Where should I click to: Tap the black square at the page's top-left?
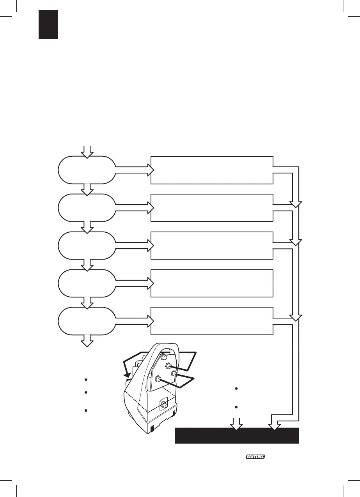tap(48, 25)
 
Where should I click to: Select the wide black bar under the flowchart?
tap(237, 435)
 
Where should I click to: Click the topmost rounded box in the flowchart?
tap(87, 170)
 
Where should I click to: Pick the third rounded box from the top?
tap(87, 246)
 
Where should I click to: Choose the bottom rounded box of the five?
tap(87, 321)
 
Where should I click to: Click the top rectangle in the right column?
tap(212, 170)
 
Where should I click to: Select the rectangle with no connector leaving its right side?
tap(212, 283)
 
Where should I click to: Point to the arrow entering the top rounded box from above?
tap(87, 152)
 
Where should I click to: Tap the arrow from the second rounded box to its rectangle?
tap(135, 208)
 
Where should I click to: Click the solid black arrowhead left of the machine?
tap(127, 375)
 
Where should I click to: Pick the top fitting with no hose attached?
tap(164, 357)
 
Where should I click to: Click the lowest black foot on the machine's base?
tap(153, 429)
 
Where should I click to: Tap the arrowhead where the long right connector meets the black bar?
tap(274, 426)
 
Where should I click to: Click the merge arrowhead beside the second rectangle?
tap(295, 205)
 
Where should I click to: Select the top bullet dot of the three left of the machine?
tap(86, 380)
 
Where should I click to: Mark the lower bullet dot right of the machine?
tap(236, 407)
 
